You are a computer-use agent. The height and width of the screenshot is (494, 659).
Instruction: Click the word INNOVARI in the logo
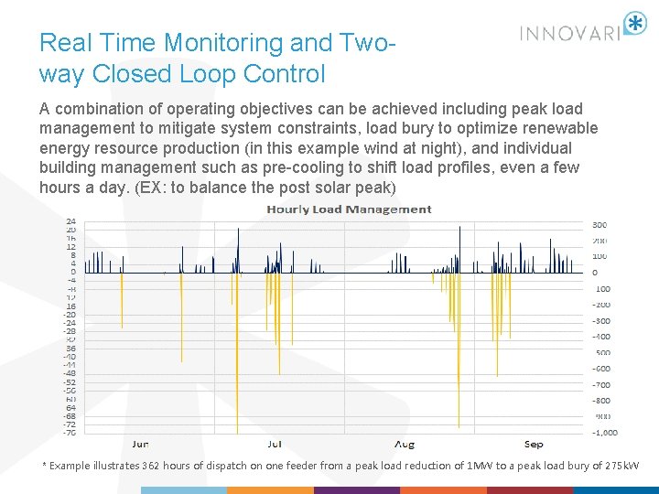(570, 33)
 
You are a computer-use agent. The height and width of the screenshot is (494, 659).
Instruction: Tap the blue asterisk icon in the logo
(634, 24)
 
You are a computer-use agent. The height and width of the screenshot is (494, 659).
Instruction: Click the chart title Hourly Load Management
(349, 209)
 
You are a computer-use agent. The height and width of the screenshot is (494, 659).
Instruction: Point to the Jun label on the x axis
(140, 445)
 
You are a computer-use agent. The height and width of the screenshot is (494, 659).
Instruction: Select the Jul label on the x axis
(274, 445)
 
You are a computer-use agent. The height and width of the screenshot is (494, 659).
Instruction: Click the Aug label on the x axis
(404, 445)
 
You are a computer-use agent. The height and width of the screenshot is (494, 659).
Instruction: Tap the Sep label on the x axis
(534, 445)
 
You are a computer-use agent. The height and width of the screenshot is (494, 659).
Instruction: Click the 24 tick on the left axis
(70, 221)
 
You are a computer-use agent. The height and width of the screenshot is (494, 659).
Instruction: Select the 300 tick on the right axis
(600, 224)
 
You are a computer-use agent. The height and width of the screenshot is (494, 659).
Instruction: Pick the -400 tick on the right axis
(600, 337)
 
